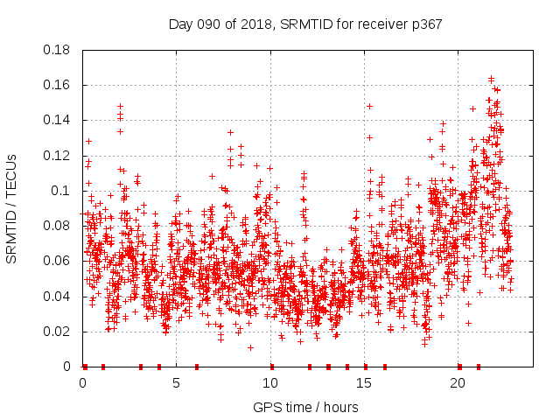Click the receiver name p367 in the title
click(x=423, y=24)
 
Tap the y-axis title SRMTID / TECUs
click(x=12, y=208)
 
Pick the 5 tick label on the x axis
click(x=177, y=383)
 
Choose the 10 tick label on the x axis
click(x=270, y=383)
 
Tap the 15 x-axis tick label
click(x=364, y=383)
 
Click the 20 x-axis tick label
click(x=458, y=383)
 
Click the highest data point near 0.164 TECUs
click(x=491, y=79)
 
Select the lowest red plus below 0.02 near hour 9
click(x=250, y=347)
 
